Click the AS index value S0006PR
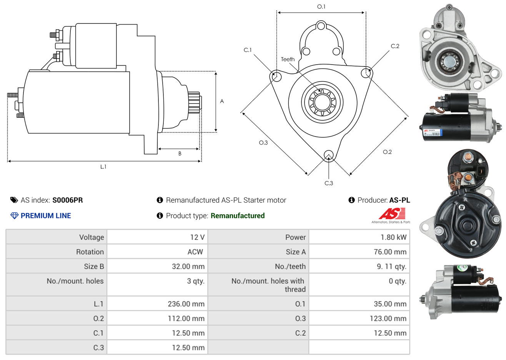68,200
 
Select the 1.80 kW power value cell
393,237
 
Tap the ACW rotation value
195,252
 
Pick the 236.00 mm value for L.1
186,304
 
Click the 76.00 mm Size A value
390,252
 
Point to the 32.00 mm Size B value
188,267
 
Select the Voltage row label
92,237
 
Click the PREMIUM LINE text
46,216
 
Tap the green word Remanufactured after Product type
238,216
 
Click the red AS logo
392,214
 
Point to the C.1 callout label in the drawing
248,50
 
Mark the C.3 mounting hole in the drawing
328,155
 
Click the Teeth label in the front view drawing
288,59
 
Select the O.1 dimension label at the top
321,7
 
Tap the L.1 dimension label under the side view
103,167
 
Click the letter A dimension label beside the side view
222,101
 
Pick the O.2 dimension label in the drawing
387,152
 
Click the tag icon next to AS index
14,200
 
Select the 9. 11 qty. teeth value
391,267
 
